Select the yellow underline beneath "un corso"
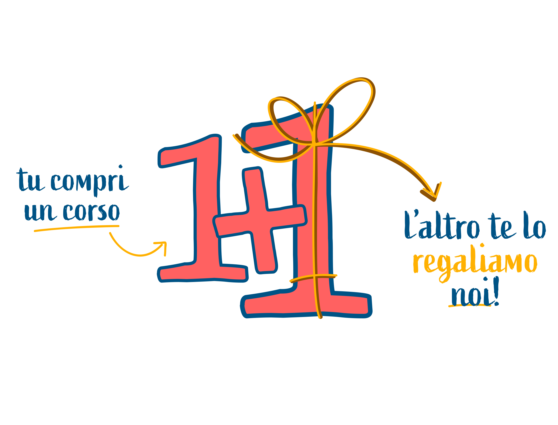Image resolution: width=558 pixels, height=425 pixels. (76, 228)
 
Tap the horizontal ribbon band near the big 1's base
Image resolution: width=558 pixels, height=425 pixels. (314, 276)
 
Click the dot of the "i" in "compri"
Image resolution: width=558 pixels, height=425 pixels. (121, 167)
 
